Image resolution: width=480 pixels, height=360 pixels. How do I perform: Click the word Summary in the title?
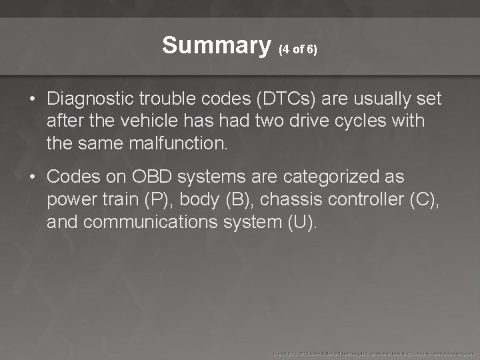[216, 45]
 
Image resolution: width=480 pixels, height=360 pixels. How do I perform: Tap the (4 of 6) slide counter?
[298, 49]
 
